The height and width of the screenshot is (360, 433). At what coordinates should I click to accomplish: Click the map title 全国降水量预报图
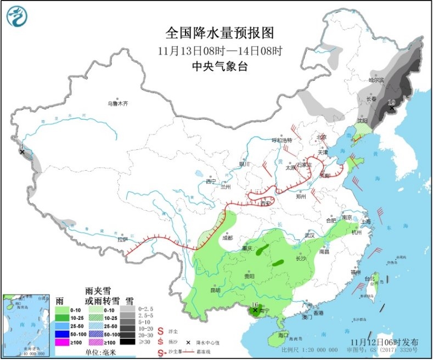(218, 33)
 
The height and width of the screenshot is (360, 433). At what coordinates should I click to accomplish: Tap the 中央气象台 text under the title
(218, 66)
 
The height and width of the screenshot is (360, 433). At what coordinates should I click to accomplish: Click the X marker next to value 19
(391, 109)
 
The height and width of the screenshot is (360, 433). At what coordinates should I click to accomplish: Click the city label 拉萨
(122, 239)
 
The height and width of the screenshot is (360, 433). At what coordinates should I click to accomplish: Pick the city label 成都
(227, 238)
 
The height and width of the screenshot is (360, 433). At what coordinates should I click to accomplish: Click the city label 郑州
(300, 195)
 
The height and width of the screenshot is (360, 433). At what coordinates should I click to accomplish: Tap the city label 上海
(366, 221)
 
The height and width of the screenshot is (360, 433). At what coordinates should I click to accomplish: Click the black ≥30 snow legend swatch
(127, 341)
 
